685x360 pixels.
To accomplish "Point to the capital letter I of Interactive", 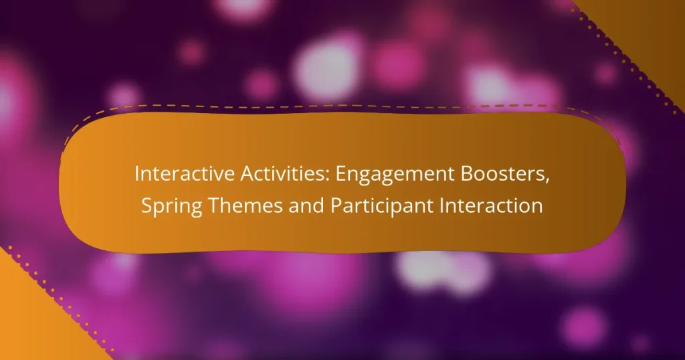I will pyautogui.click(x=137, y=174).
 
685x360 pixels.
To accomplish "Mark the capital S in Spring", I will pyautogui.click(x=146, y=206).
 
